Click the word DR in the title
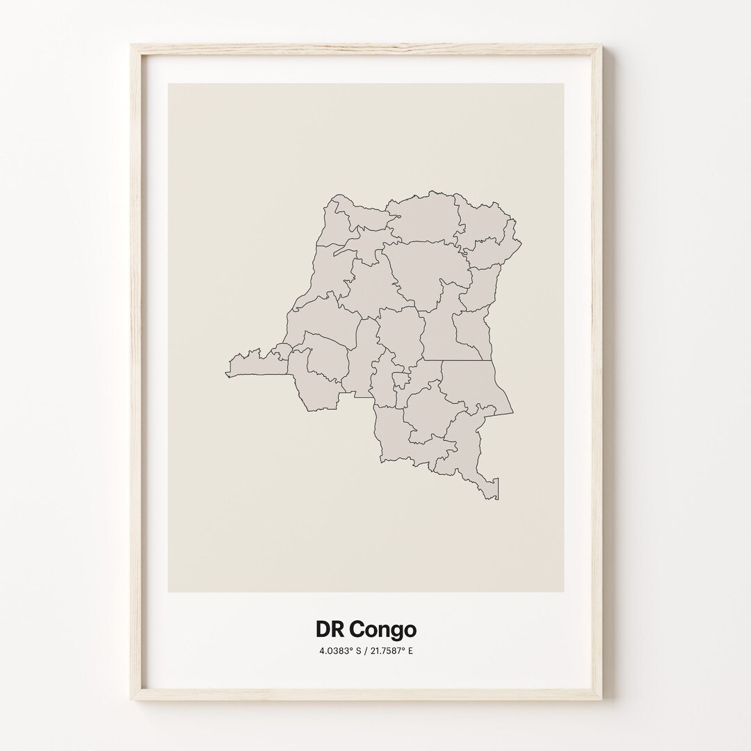(x=330, y=629)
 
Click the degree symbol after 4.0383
(x=348, y=649)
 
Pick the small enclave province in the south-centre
(x=400, y=380)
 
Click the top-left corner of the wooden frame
(x=132, y=46)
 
